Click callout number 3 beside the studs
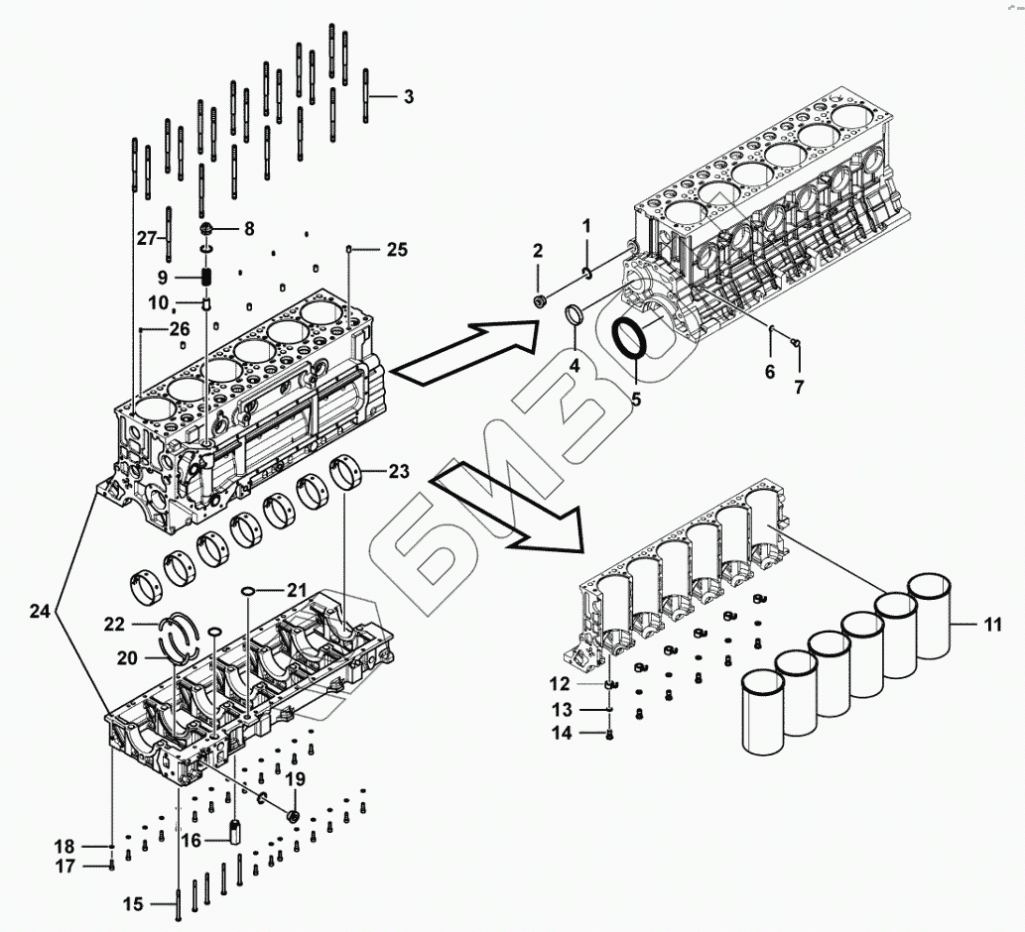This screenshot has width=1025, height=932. pyautogui.click(x=408, y=97)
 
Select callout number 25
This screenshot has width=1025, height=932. pyautogui.click(x=397, y=249)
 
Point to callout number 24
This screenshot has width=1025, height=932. pyautogui.click(x=40, y=613)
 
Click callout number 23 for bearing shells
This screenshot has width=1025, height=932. pyautogui.click(x=399, y=473)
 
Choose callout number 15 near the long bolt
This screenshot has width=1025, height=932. pyautogui.click(x=134, y=903)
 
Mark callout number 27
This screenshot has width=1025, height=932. pyautogui.click(x=147, y=238)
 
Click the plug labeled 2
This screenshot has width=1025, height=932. pyautogui.click(x=539, y=299)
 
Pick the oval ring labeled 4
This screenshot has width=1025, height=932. pyautogui.click(x=574, y=316)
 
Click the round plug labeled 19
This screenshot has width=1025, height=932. pyautogui.click(x=294, y=815)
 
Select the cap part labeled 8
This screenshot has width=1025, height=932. pyautogui.click(x=207, y=229)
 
